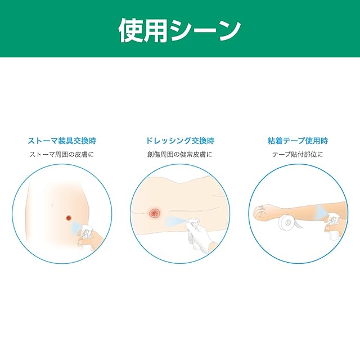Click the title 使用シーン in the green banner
[180, 30]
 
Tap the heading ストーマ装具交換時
[62, 141]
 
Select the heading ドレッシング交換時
[180, 141]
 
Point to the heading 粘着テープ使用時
[298, 141]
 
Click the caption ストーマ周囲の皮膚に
[62, 154]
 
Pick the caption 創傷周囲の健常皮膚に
[180, 154]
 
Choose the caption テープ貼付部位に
[298, 154]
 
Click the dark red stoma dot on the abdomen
[69, 218]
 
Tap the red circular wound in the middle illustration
[154, 214]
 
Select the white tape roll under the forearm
[289, 222]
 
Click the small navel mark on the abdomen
[52, 204]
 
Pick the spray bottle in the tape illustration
[332, 226]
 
